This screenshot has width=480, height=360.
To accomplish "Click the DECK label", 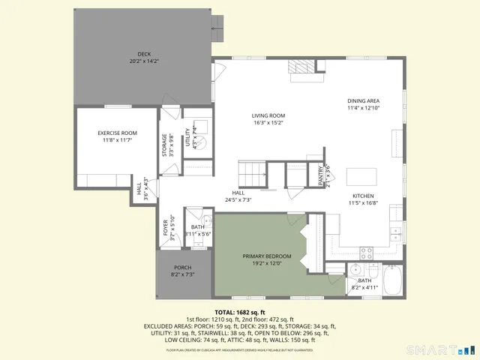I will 143,54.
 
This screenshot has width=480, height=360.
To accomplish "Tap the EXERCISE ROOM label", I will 117,133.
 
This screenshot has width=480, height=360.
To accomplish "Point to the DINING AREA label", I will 363,100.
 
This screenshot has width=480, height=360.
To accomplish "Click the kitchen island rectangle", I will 362,176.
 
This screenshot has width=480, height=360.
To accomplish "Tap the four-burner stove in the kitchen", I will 367,253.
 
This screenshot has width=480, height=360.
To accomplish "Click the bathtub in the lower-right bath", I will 393,280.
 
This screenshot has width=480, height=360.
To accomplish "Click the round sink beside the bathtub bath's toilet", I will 358,270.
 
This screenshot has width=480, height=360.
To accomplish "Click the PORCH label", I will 182,268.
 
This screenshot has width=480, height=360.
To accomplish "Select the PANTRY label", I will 321,175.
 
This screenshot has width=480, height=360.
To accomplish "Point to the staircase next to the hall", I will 253,175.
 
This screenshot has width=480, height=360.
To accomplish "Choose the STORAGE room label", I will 165,145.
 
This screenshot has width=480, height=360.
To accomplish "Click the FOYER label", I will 166,227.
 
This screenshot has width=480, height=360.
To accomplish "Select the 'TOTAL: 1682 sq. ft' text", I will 240,312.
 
